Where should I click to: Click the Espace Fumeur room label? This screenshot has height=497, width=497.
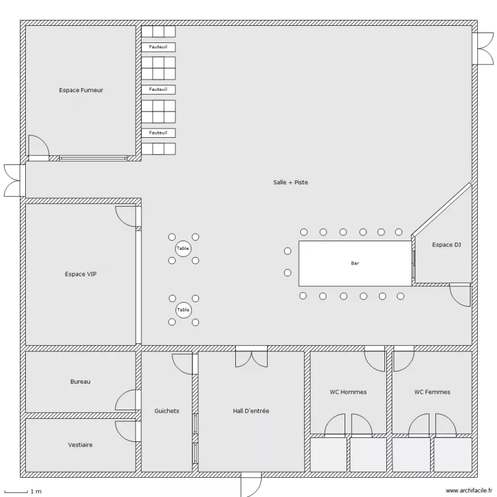[81, 90]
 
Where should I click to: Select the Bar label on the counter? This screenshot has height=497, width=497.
[355, 263]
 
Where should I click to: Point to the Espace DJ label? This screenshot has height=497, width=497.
[446, 245]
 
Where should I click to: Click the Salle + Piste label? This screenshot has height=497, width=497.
[290, 182]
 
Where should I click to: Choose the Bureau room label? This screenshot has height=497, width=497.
[80, 382]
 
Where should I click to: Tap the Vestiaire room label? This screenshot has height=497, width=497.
[80, 445]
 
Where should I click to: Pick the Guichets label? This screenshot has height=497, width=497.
[166, 411]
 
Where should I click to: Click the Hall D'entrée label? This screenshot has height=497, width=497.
[251, 411]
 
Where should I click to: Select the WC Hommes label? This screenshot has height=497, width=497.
[348, 392]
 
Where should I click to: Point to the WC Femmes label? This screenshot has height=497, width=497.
[432, 392]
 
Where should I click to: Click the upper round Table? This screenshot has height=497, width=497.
[183, 248]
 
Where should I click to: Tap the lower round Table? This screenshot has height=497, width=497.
[183, 309]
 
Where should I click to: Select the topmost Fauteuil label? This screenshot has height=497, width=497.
[158, 46]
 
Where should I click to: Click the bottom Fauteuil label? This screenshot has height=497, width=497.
[158, 133]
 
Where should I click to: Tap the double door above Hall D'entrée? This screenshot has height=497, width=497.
[251, 357]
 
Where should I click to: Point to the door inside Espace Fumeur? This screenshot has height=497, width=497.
[38, 146]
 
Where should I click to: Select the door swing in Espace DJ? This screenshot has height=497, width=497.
[459, 294]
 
